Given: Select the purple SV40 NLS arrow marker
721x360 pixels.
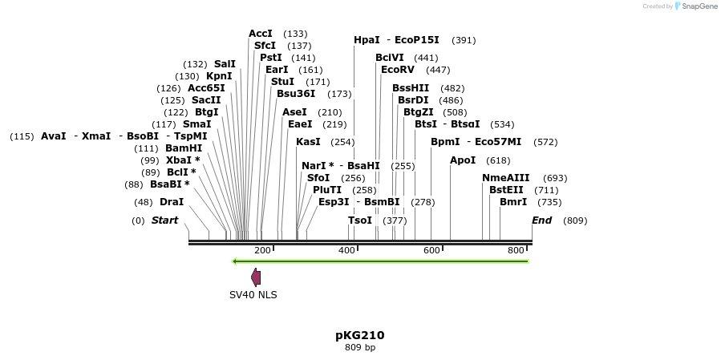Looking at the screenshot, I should point(256,277).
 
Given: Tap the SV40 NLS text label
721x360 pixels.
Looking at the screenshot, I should point(253,295).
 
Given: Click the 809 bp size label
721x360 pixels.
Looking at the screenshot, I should point(359,348).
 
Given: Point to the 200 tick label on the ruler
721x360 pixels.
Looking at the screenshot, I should point(262,251).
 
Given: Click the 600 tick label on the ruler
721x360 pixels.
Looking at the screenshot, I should point(431,251).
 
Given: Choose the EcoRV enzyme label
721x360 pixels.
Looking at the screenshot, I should point(398,70).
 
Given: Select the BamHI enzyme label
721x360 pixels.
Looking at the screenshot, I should point(184,148).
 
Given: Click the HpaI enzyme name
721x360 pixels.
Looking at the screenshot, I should point(367,40).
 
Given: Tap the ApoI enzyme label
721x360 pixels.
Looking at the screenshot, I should point(463,160).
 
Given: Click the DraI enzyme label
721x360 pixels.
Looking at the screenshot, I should point(171,202).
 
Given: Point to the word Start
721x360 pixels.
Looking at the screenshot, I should point(164,220).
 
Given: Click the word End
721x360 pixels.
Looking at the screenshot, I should point(542,220).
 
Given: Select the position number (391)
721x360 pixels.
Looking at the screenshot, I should point(464,40).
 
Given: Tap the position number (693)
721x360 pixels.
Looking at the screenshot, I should point(555,178).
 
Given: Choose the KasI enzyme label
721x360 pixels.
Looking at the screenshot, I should point(308,142).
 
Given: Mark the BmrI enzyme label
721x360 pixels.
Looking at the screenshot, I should point(513,202).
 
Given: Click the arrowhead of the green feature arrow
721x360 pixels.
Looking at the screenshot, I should point(234,261).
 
